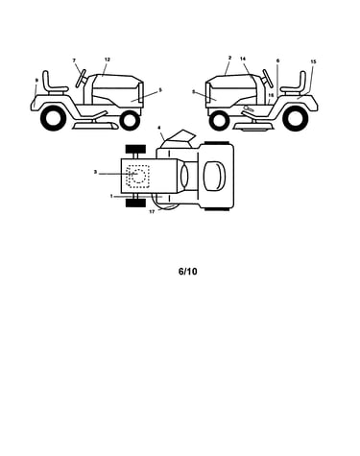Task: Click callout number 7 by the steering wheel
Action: click(74, 60)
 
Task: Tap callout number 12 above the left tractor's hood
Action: click(108, 60)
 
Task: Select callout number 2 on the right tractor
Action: click(229, 58)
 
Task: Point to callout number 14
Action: click(243, 59)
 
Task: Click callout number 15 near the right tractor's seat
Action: click(313, 61)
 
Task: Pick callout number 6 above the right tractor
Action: click(277, 60)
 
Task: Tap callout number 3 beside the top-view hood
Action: click(95, 172)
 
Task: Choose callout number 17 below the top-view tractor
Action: click(152, 212)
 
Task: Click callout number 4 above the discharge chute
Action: click(159, 128)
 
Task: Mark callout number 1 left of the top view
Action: click(111, 196)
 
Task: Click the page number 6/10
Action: click(188, 272)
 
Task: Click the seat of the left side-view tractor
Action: click(54, 84)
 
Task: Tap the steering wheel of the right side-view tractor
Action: click(268, 79)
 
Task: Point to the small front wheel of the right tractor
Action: click(218, 121)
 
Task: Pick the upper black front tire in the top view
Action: click(135, 149)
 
